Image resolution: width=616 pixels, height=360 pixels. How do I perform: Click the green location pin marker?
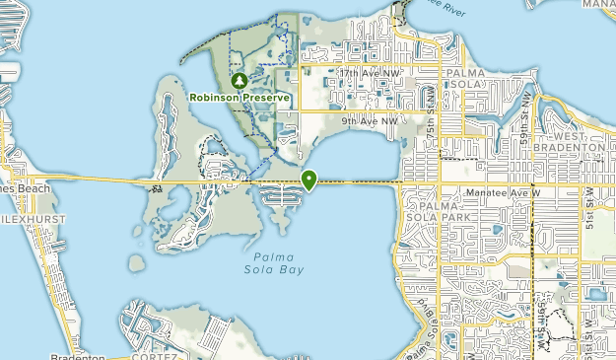click(x=309, y=180)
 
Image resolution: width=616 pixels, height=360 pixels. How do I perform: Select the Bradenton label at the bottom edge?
click(x=78, y=356)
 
